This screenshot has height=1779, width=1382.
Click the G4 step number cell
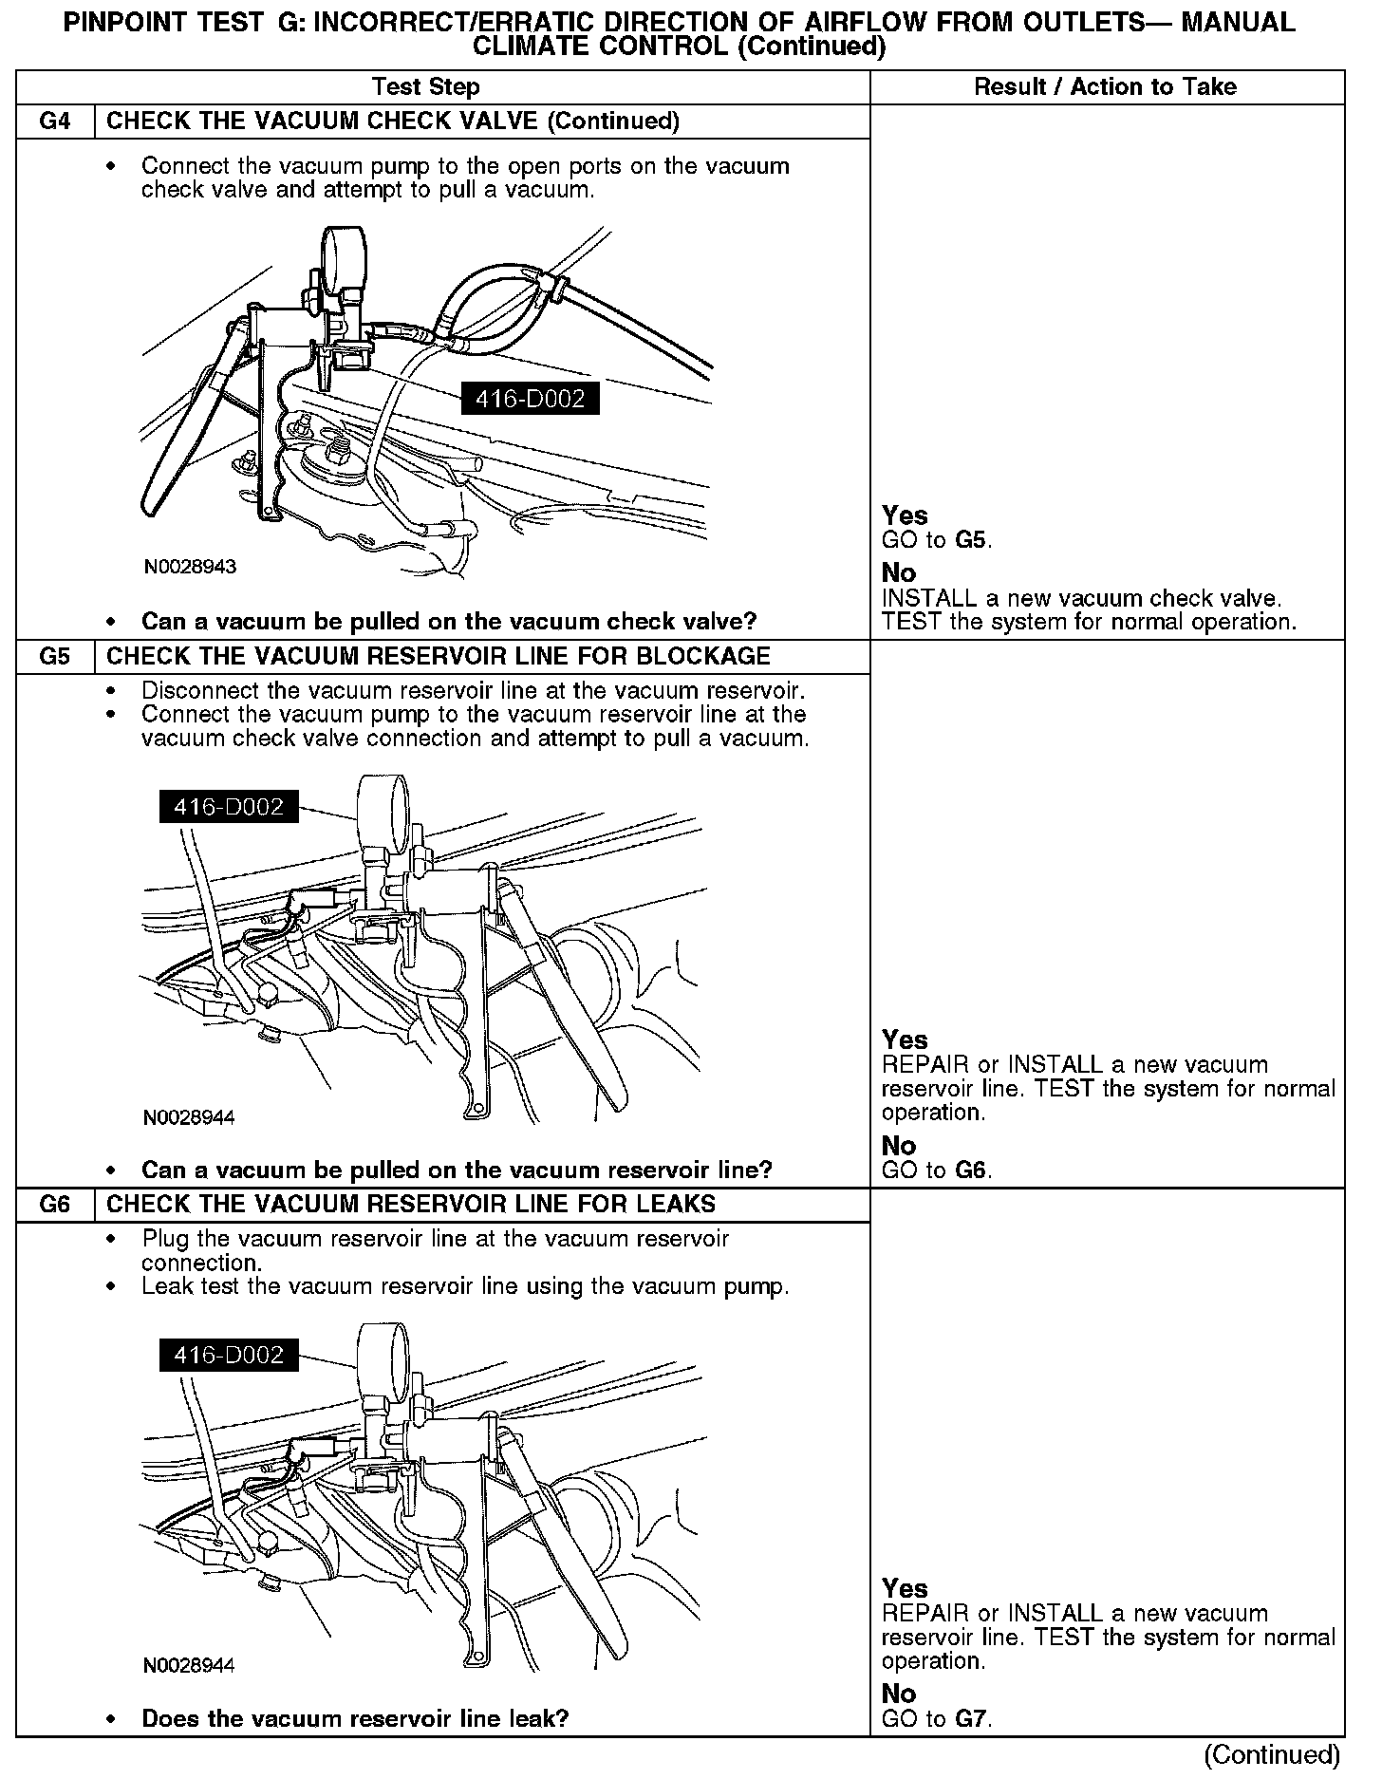point(56,122)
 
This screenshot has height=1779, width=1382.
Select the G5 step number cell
point(56,657)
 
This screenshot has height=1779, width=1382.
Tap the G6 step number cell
point(56,1205)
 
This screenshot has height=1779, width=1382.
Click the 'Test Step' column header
point(425,87)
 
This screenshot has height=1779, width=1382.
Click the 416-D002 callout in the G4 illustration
point(530,400)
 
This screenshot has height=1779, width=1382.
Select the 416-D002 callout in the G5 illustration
point(229,807)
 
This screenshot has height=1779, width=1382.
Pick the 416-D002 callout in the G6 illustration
point(229,1355)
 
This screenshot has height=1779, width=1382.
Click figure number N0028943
point(190,568)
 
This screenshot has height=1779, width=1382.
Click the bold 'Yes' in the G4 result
point(905,515)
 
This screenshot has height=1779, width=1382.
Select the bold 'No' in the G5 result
point(899,1146)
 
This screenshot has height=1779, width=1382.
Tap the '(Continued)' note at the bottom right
point(1272,1755)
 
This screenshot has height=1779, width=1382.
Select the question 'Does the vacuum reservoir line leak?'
point(355,1718)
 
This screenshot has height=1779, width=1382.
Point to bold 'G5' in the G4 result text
point(971,541)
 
